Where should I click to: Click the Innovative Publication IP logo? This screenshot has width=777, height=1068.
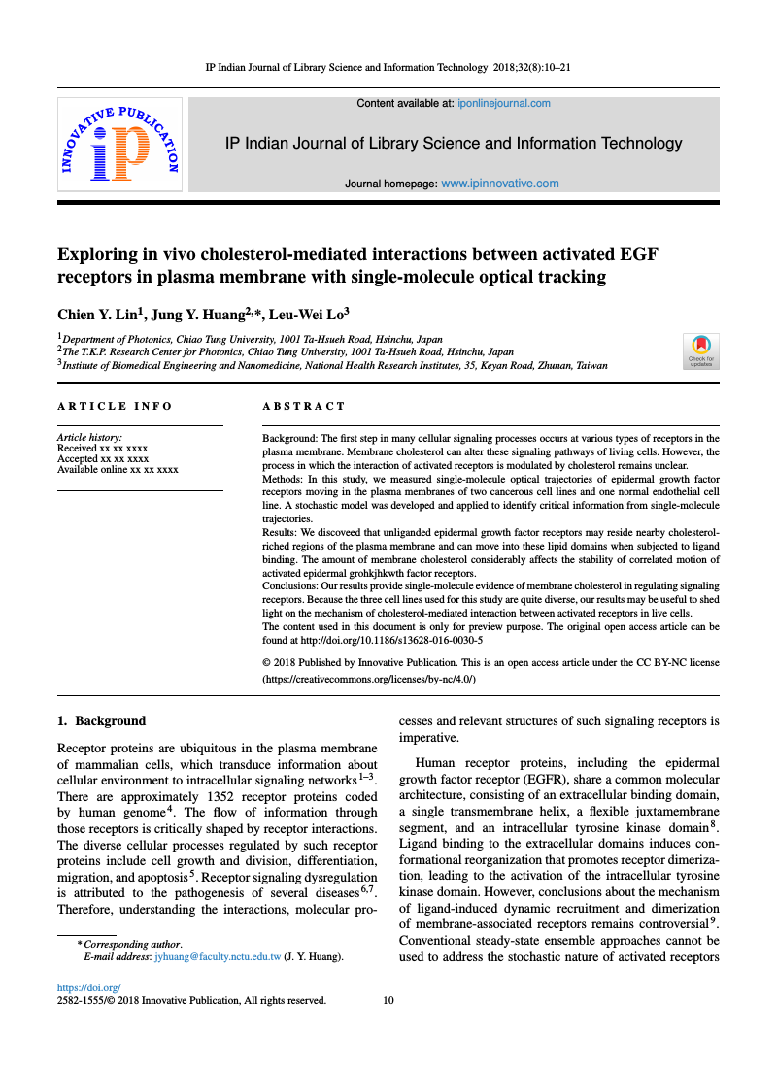(119, 144)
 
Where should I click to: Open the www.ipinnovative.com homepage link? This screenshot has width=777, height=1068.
(500, 184)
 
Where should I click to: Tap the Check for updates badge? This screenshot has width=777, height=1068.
(700, 350)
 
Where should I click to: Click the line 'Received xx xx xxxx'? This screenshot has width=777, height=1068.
(103, 449)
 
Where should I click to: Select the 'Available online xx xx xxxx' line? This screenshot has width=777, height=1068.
(118, 470)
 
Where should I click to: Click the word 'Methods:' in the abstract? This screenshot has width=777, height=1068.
(284, 480)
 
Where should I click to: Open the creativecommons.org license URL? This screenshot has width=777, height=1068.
(370, 681)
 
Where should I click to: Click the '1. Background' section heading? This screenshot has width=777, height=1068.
(102, 721)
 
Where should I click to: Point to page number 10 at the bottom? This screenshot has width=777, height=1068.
(388, 1000)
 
